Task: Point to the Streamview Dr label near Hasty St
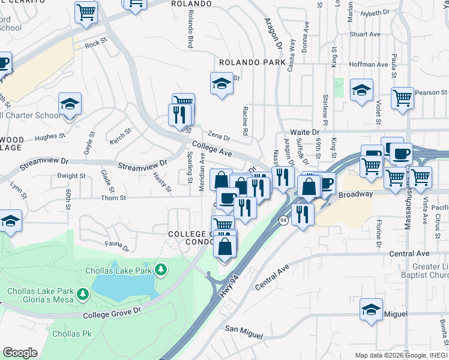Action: click(x=142, y=165)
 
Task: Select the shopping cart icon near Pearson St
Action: click(x=402, y=97)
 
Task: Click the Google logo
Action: click(x=20, y=353)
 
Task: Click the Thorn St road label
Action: click(x=113, y=197)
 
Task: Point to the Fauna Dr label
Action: click(x=117, y=246)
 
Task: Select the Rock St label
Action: click(x=95, y=44)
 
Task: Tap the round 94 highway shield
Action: click(x=283, y=221)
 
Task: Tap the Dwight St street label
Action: click(x=71, y=176)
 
